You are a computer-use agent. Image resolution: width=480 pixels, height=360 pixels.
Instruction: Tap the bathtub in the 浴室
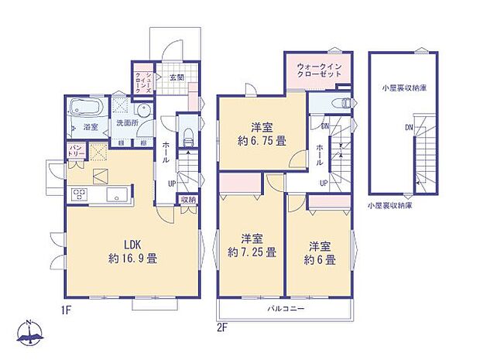82,108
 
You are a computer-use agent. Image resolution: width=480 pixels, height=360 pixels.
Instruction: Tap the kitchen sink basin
118,194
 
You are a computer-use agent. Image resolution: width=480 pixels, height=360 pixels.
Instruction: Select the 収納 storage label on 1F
187,200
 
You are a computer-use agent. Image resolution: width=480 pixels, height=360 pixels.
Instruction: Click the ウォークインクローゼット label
318,71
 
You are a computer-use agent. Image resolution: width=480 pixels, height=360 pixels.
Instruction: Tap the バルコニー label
286,309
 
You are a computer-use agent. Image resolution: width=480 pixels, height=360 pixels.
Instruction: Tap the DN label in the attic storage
408,127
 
